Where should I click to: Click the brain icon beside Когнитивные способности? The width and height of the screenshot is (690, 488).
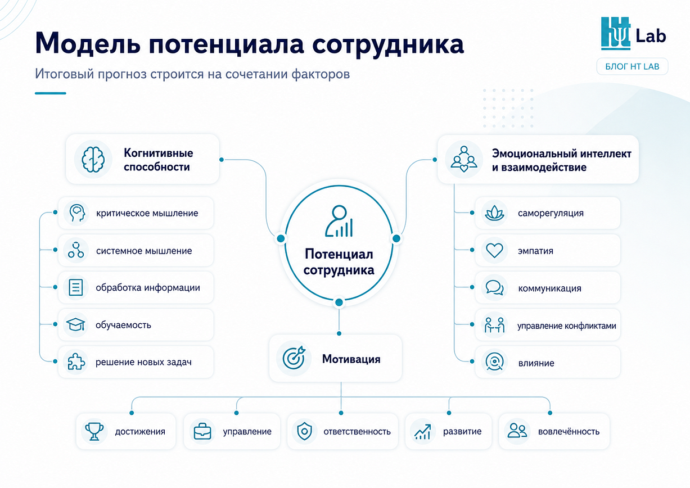click(x=93, y=159)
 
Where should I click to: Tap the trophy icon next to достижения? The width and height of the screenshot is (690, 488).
click(x=94, y=431)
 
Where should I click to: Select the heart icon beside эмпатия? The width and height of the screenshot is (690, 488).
click(x=494, y=250)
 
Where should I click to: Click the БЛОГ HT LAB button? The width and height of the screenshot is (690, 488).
click(x=632, y=66)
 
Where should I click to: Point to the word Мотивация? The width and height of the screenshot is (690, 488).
click(x=351, y=359)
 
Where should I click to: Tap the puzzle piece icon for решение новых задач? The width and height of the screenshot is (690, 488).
click(x=76, y=362)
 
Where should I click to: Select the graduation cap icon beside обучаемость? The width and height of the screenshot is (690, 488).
click(x=75, y=324)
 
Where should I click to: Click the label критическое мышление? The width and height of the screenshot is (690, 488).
click(x=147, y=213)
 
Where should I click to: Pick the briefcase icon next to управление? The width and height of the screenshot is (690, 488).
click(x=202, y=431)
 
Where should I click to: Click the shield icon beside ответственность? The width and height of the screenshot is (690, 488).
click(x=304, y=431)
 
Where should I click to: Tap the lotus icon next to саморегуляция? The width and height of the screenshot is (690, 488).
click(x=494, y=213)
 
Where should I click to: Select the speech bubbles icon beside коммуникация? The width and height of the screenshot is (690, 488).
click(x=494, y=287)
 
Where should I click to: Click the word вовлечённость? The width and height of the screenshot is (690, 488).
click(x=569, y=432)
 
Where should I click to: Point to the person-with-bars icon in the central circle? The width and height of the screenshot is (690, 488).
click(x=339, y=221)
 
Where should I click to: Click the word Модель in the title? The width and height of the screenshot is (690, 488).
click(x=88, y=43)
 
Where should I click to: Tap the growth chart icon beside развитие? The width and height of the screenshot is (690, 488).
click(x=423, y=431)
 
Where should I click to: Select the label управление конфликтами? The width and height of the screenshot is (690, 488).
click(x=566, y=326)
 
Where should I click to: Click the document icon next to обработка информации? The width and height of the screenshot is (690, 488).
click(x=75, y=287)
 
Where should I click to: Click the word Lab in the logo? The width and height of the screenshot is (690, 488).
click(x=651, y=36)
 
